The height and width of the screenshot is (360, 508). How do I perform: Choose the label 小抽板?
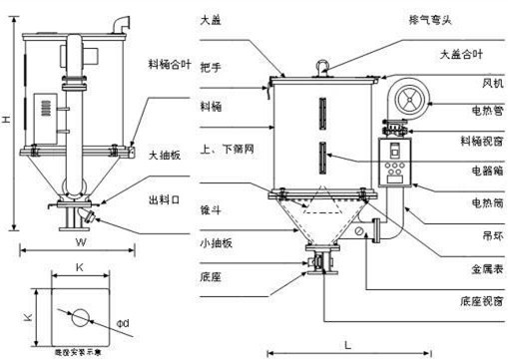215,241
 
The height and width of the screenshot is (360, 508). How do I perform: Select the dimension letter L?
347,344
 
